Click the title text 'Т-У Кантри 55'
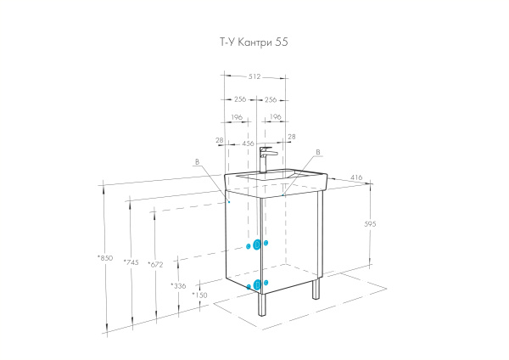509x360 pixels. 255,41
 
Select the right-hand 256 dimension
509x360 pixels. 271,99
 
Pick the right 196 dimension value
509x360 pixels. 273,117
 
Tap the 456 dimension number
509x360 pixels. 249,144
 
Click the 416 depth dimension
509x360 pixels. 355,177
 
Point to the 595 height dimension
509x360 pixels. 370,224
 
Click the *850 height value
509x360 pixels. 106,258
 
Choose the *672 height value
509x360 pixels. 154,265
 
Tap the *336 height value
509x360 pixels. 178,286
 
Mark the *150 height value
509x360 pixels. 199,295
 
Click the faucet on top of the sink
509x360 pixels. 266,158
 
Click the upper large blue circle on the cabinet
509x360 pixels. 257,245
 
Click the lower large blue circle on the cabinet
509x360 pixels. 257,284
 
